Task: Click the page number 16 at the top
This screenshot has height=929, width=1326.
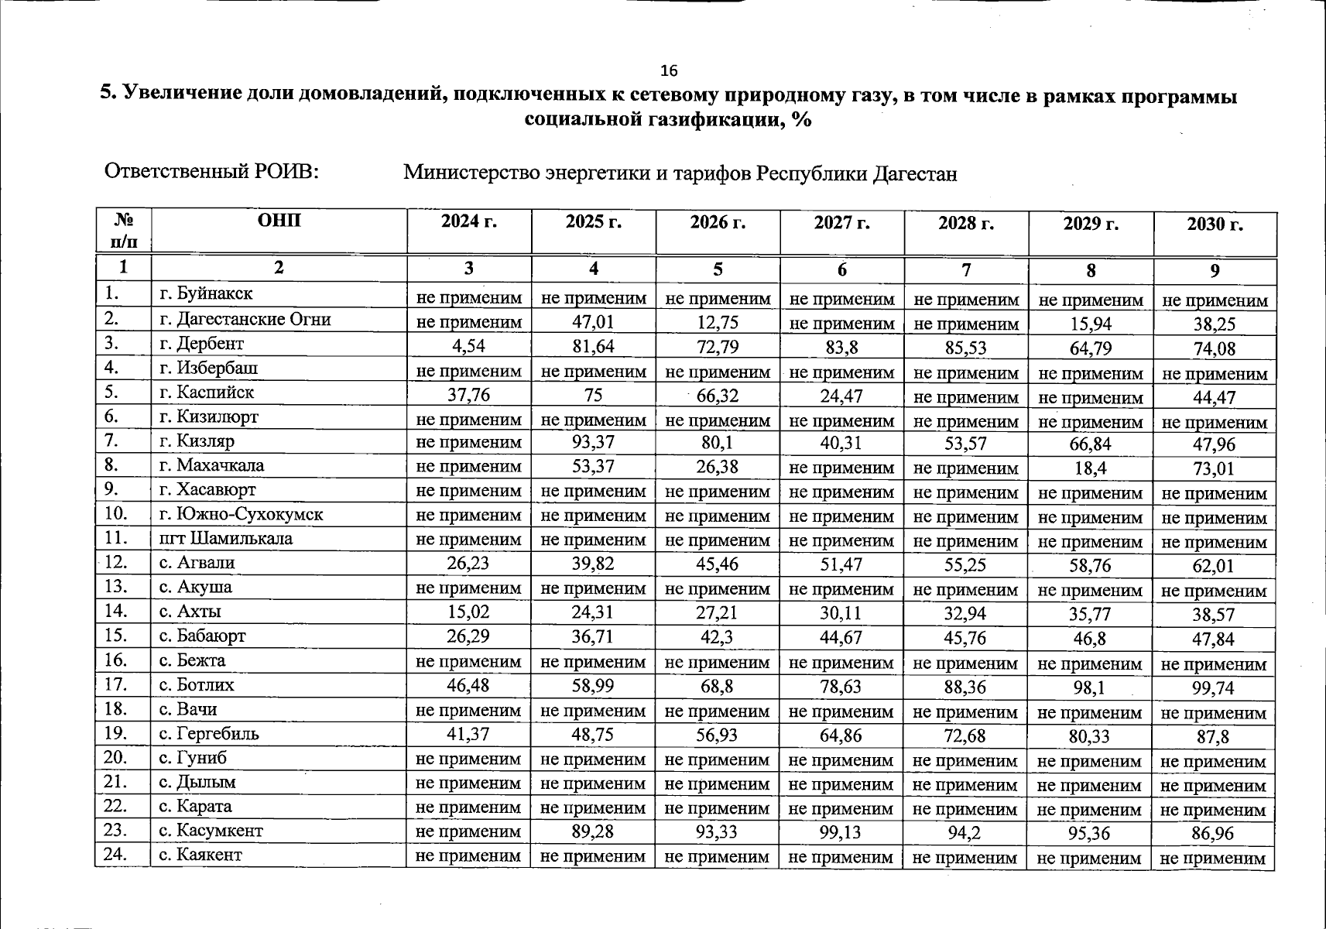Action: (x=669, y=71)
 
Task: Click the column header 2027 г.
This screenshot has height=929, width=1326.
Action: (x=841, y=223)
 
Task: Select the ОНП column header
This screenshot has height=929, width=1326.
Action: (x=279, y=221)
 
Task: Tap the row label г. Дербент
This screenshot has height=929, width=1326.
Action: (x=201, y=344)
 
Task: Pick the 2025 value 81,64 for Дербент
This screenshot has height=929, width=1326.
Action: (x=593, y=347)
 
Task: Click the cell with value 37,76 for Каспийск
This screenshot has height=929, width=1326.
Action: (x=468, y=396)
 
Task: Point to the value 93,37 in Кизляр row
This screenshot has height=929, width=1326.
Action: (x=593, y=444)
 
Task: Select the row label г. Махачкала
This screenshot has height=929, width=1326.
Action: (x=211, y=465)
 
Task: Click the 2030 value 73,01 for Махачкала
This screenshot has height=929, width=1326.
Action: (x=1214, y=469)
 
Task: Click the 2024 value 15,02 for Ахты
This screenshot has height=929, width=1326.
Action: (x=468, y=613)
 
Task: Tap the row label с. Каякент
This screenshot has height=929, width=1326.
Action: (x=200, y=855)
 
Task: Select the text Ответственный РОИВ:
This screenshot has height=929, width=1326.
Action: (x=212, y=171)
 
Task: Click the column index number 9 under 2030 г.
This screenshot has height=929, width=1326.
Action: (x=1215, y=271)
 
